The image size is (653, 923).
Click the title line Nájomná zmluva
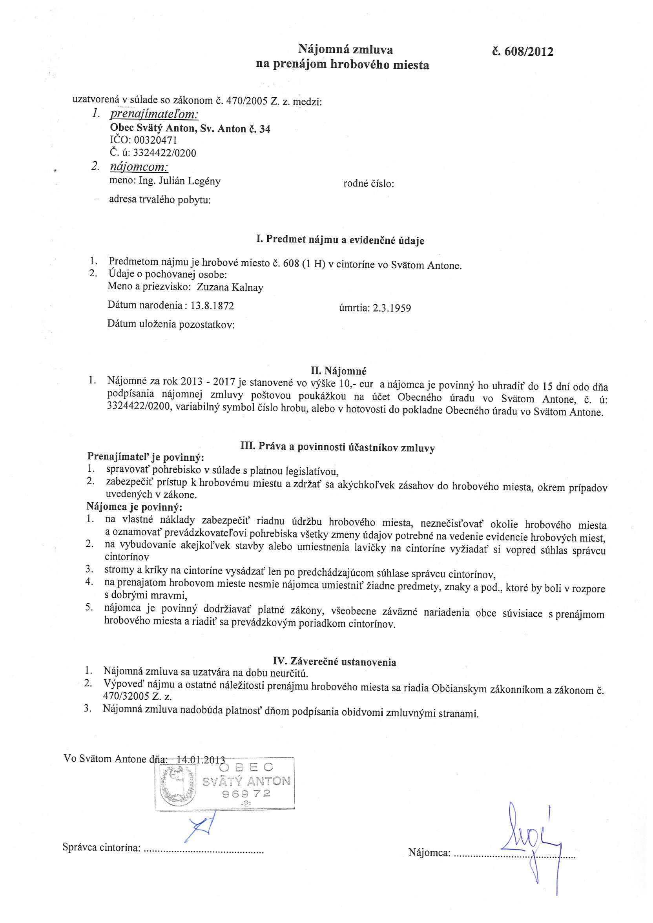(x=345, y=49)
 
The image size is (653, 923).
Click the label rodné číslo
(x=368, y=184)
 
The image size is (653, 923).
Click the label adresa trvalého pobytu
(x=160, y=200)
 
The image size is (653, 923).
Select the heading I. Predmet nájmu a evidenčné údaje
(x=340, y=241)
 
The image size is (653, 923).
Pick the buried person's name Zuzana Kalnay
(x=230, y=287)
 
